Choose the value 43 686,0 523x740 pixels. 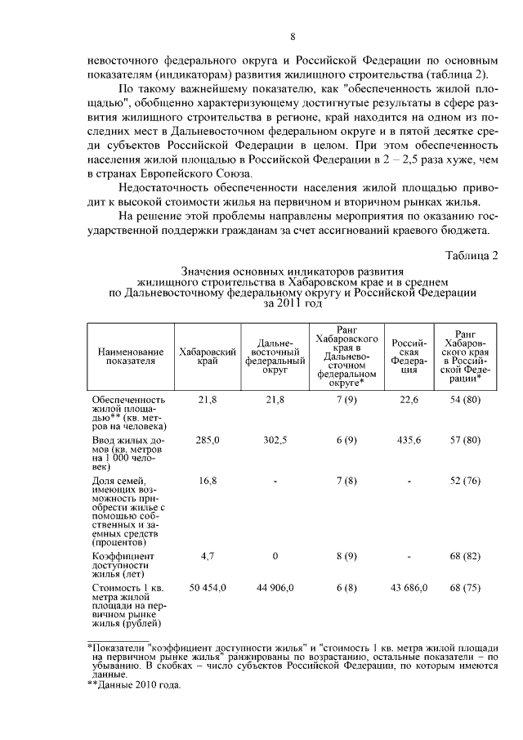point(406,588)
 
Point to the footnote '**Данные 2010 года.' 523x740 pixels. point(132,685)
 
